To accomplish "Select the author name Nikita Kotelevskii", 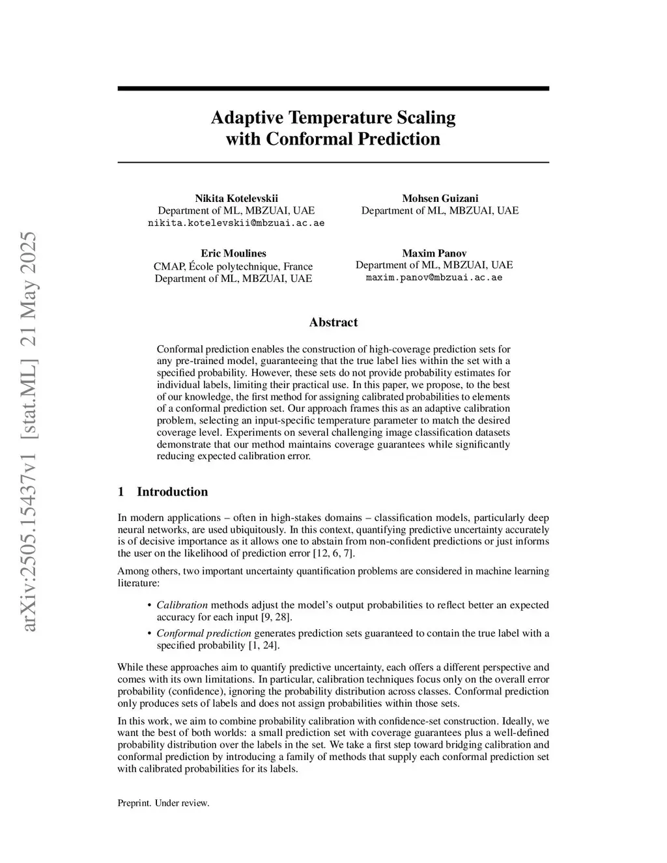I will (x=236, y=198).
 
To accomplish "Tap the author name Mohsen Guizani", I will (x=440, y=198).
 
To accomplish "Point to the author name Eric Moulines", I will (x=233, y=253).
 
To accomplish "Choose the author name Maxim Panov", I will (x=434, y=253).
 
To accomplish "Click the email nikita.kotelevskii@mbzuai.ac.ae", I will (x=236, y=223).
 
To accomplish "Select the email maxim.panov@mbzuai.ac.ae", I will (x=434, y=277).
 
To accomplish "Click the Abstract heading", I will (x=333, y=322).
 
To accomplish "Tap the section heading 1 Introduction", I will (x=163, y=492).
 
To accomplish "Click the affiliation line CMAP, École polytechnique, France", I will (x=233, y=266).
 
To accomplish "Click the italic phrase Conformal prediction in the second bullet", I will (x=204, y=633).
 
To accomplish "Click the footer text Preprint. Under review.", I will (x=163, y=803).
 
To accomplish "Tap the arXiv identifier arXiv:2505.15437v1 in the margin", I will (x=29, y=521).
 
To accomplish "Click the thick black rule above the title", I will (x=333, y=89).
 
